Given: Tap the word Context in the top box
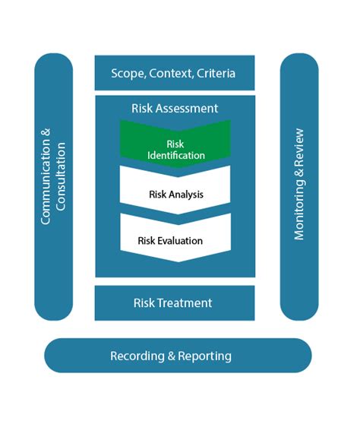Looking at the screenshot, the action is point(171,73).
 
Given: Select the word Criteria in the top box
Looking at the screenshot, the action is point(216,73).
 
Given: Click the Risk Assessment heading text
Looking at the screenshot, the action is point(175,108).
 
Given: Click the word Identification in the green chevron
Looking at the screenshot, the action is point(176,156).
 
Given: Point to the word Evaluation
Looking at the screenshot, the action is point(180,241).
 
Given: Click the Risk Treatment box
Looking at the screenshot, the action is point(175,303).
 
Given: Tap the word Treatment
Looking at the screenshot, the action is point(185,303).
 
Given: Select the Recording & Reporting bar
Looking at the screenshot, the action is point(178,355).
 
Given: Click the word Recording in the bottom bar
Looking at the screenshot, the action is point(137,356).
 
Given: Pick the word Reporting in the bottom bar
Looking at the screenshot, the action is point(204,356).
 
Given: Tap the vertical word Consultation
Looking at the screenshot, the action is point(60,176).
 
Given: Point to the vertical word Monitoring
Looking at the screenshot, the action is point(299,209).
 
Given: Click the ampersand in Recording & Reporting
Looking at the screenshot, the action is point(171,356).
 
